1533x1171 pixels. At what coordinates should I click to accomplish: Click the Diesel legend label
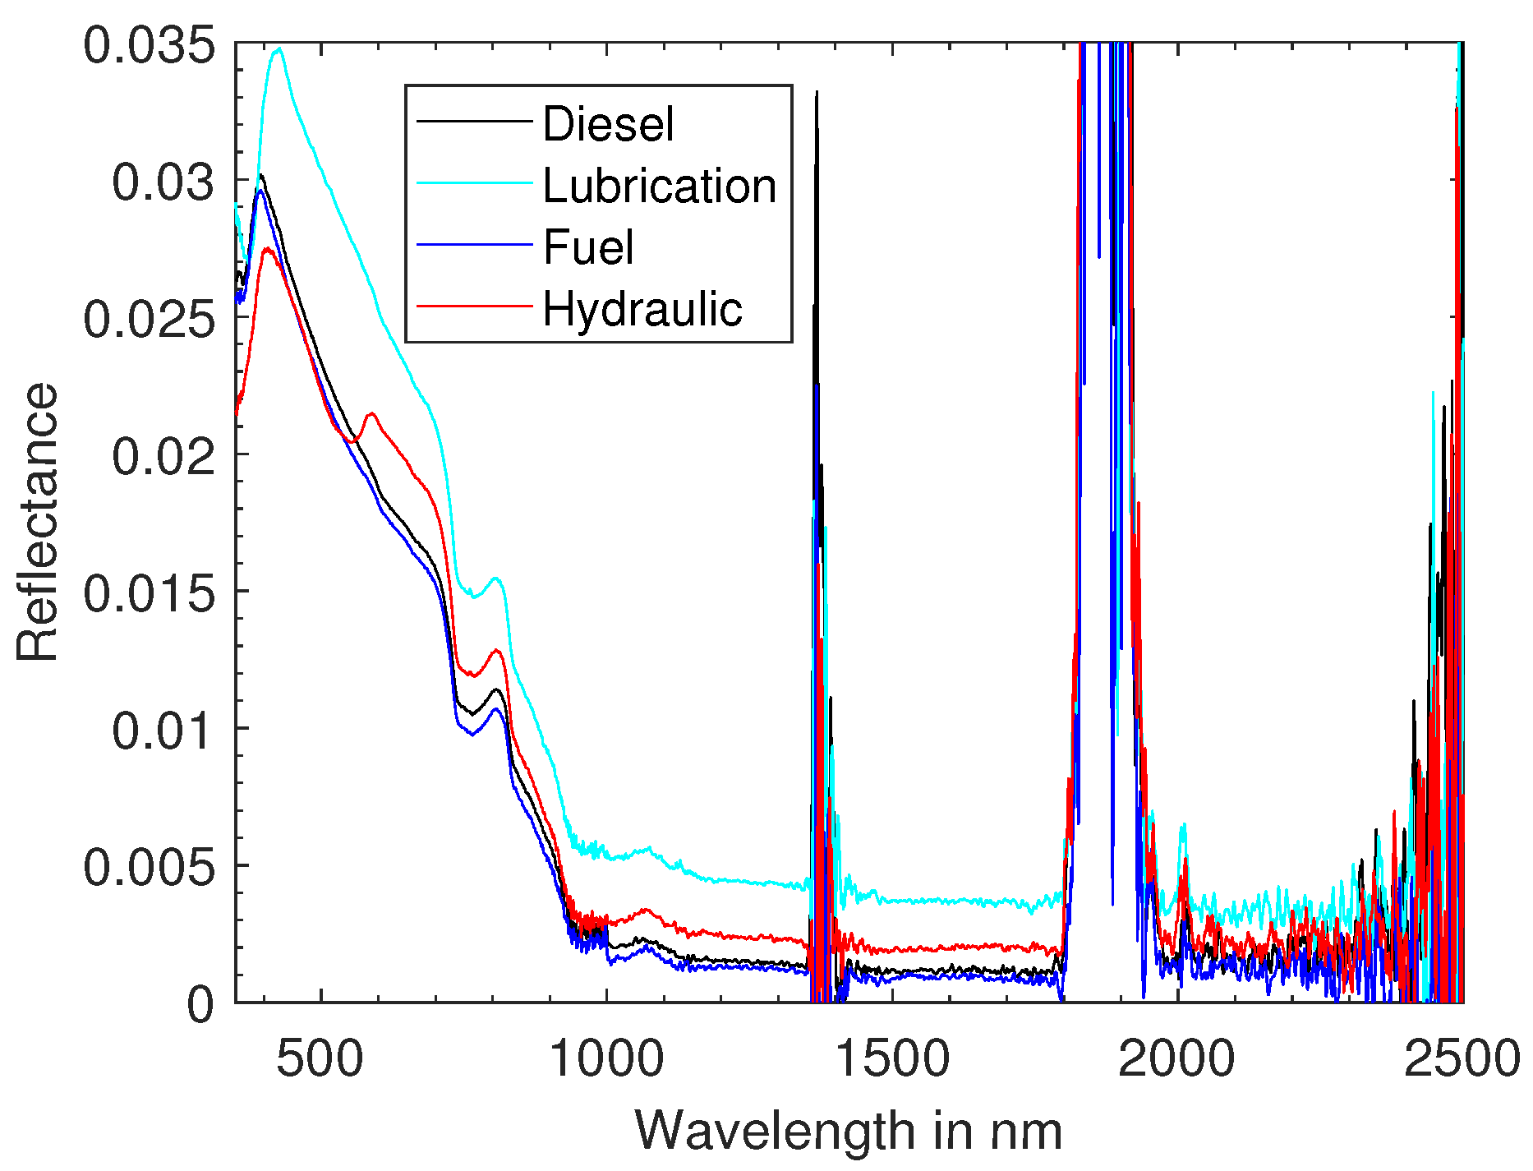tap(608, 124)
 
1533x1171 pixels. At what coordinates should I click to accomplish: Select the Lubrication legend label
tap(659, 187)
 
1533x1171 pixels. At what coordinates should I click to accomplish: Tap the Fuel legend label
tap(588, 247)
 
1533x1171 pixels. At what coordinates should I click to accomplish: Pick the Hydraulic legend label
tap(642, 310)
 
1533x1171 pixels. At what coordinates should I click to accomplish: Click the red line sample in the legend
tap(474, 307)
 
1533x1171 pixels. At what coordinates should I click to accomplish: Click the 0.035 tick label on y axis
tap(150, 44)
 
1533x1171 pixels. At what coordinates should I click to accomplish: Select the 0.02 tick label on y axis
tap(163, 456)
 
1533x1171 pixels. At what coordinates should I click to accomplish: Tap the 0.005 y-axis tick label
tap(150, 867)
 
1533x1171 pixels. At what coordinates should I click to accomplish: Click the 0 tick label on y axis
tap(200, 1004)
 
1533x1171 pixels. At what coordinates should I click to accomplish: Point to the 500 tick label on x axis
tap(320, 1058)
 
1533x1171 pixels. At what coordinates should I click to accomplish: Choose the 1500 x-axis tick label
tap(891, 1058)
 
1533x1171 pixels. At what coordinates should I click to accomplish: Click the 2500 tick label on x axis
tap(1461, 1058)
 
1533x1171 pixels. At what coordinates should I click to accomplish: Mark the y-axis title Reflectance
tap(38, 522)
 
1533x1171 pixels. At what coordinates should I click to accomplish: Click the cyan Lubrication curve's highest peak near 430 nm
tap(279, 49)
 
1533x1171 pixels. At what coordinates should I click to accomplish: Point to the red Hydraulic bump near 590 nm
tap(371, 413)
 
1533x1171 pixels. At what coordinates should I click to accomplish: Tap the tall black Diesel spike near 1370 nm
tap(816, 95)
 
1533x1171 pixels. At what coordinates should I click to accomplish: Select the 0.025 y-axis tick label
tap(150, 319)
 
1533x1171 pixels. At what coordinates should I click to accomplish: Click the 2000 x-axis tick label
tap(1176, 1058)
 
